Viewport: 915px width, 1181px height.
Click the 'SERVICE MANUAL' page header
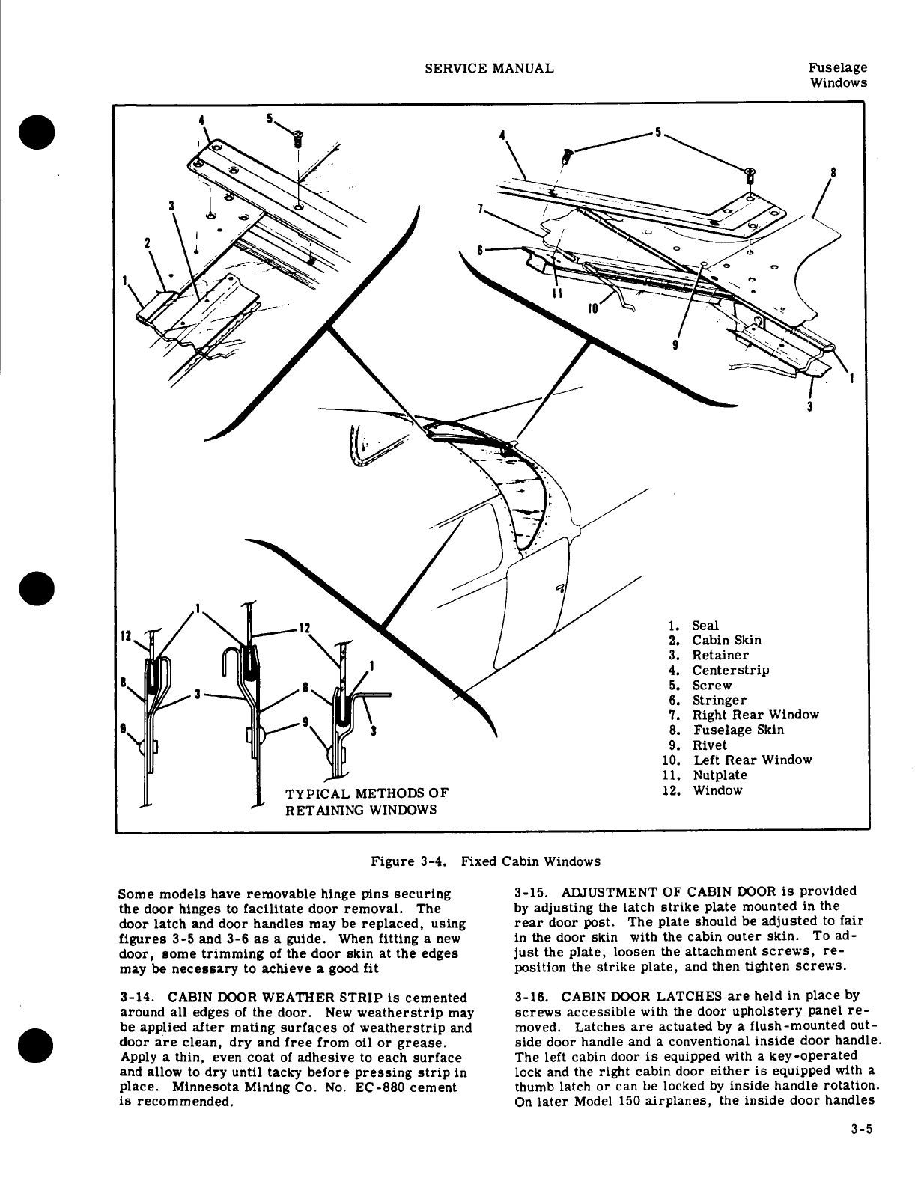[x=489, y=68]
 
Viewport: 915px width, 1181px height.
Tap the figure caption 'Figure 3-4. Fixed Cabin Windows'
[x=486, y=861]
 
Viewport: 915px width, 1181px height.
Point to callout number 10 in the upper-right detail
[x=592, y=308]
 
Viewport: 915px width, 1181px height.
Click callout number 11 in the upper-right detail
[x=556, y=293]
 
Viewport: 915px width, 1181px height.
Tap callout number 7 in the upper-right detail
[x=480, y=207]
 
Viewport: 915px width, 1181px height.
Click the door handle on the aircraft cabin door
[x=559, y=588]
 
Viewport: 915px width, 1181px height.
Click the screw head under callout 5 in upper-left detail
[x=298, y=137]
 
